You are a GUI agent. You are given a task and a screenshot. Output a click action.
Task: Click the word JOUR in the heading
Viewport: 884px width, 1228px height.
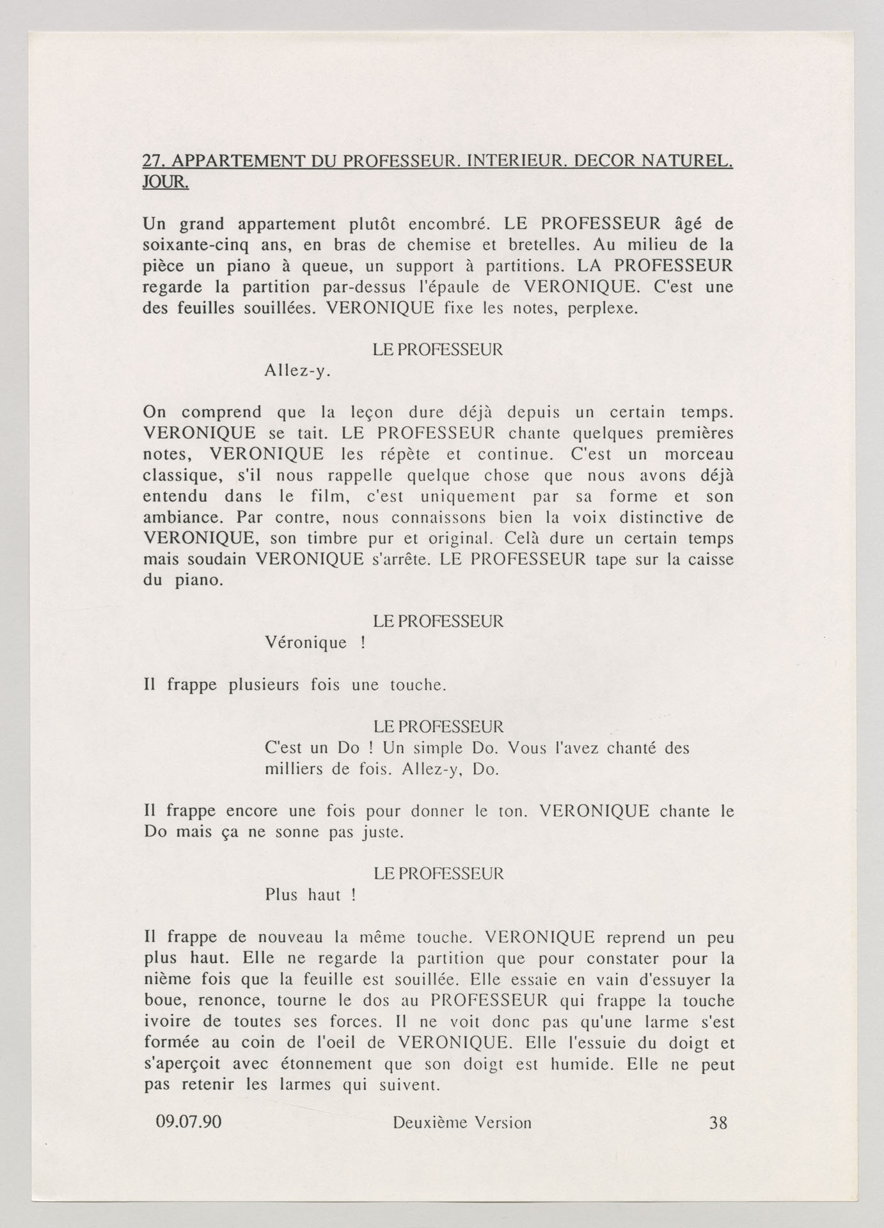coord(164,182)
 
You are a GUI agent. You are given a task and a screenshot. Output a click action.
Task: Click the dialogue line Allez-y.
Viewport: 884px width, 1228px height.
coord(297,371)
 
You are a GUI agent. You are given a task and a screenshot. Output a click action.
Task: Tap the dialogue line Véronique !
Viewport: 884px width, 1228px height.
coord(314,642)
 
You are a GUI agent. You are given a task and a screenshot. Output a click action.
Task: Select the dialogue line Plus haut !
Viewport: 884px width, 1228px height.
coord(310,895)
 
